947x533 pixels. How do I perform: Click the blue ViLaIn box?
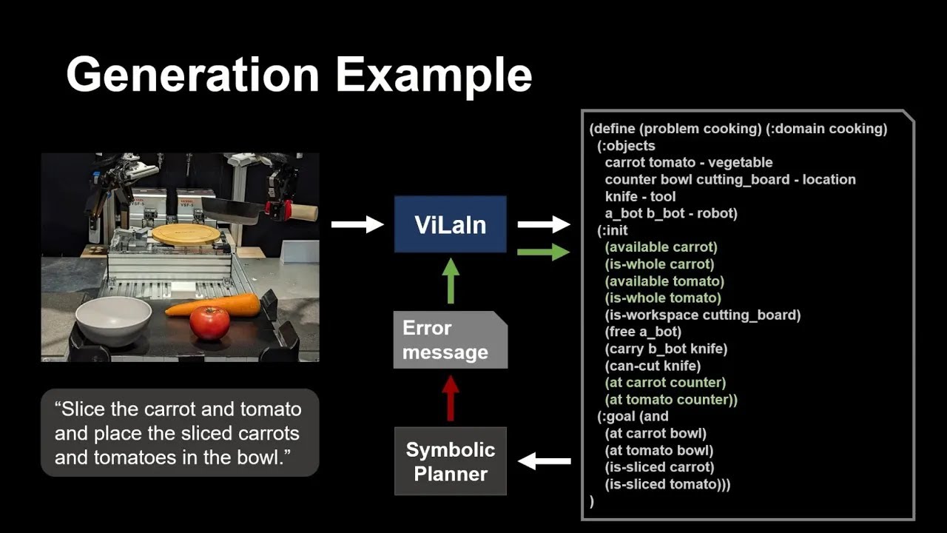[450, 224]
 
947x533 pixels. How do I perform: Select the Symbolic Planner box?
[450, 461]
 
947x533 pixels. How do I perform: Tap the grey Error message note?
[450, 340]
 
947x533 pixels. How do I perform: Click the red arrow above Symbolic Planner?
[451, 398]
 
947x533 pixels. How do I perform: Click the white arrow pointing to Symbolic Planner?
[544, 462]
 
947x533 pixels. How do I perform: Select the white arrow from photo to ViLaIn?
[357, 224]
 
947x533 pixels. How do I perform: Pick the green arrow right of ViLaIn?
[544, 252]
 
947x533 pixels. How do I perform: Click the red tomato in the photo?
[210, 323]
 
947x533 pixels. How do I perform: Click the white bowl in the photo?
[114, 319]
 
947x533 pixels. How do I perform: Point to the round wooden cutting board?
[186, 235]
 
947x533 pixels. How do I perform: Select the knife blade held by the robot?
[232, 209]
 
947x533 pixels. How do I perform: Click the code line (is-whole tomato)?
[662, 298]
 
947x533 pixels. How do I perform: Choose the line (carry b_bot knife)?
[666, 349]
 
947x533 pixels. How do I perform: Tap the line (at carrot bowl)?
[655, 433]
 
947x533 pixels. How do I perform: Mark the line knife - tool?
[640, 196]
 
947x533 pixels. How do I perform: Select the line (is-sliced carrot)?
[659, 467]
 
